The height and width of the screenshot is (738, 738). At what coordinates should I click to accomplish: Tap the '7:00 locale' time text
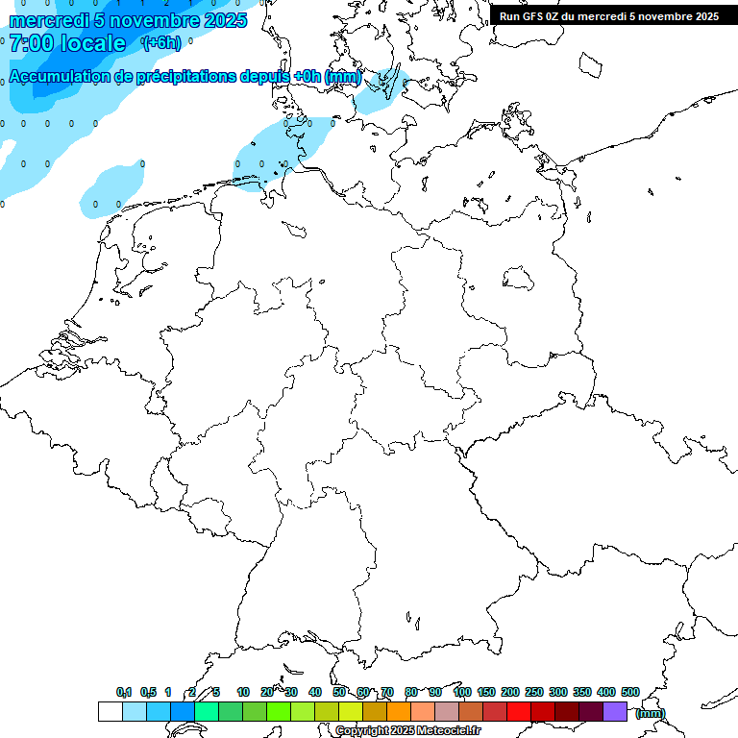click(67, 43)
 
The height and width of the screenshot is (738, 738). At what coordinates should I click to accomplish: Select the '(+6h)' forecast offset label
click(160, 43)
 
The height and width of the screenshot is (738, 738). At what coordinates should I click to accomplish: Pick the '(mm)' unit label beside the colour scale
click(651, 713)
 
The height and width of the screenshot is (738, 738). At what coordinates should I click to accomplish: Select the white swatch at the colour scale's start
click(110, 712)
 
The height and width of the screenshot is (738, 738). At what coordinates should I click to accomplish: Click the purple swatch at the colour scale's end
click(615, 712)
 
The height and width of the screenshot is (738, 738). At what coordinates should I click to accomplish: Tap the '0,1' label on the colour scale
click(124, 692)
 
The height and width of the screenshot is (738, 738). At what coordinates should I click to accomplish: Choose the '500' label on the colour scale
click(630, 692)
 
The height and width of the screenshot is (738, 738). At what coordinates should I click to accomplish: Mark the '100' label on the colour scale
click(462, 692)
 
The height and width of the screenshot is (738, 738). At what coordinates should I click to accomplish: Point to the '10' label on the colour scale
click(243, 692)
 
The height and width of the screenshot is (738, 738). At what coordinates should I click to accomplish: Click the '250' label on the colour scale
click(534, 692)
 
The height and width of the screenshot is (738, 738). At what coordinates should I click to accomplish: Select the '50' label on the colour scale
click(339, 692)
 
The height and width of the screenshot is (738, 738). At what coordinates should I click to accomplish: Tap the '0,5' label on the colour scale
click(148, 692)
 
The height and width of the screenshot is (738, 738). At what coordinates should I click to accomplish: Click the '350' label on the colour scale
click(582, 692)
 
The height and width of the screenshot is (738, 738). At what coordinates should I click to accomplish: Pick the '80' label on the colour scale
click(411, 692)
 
